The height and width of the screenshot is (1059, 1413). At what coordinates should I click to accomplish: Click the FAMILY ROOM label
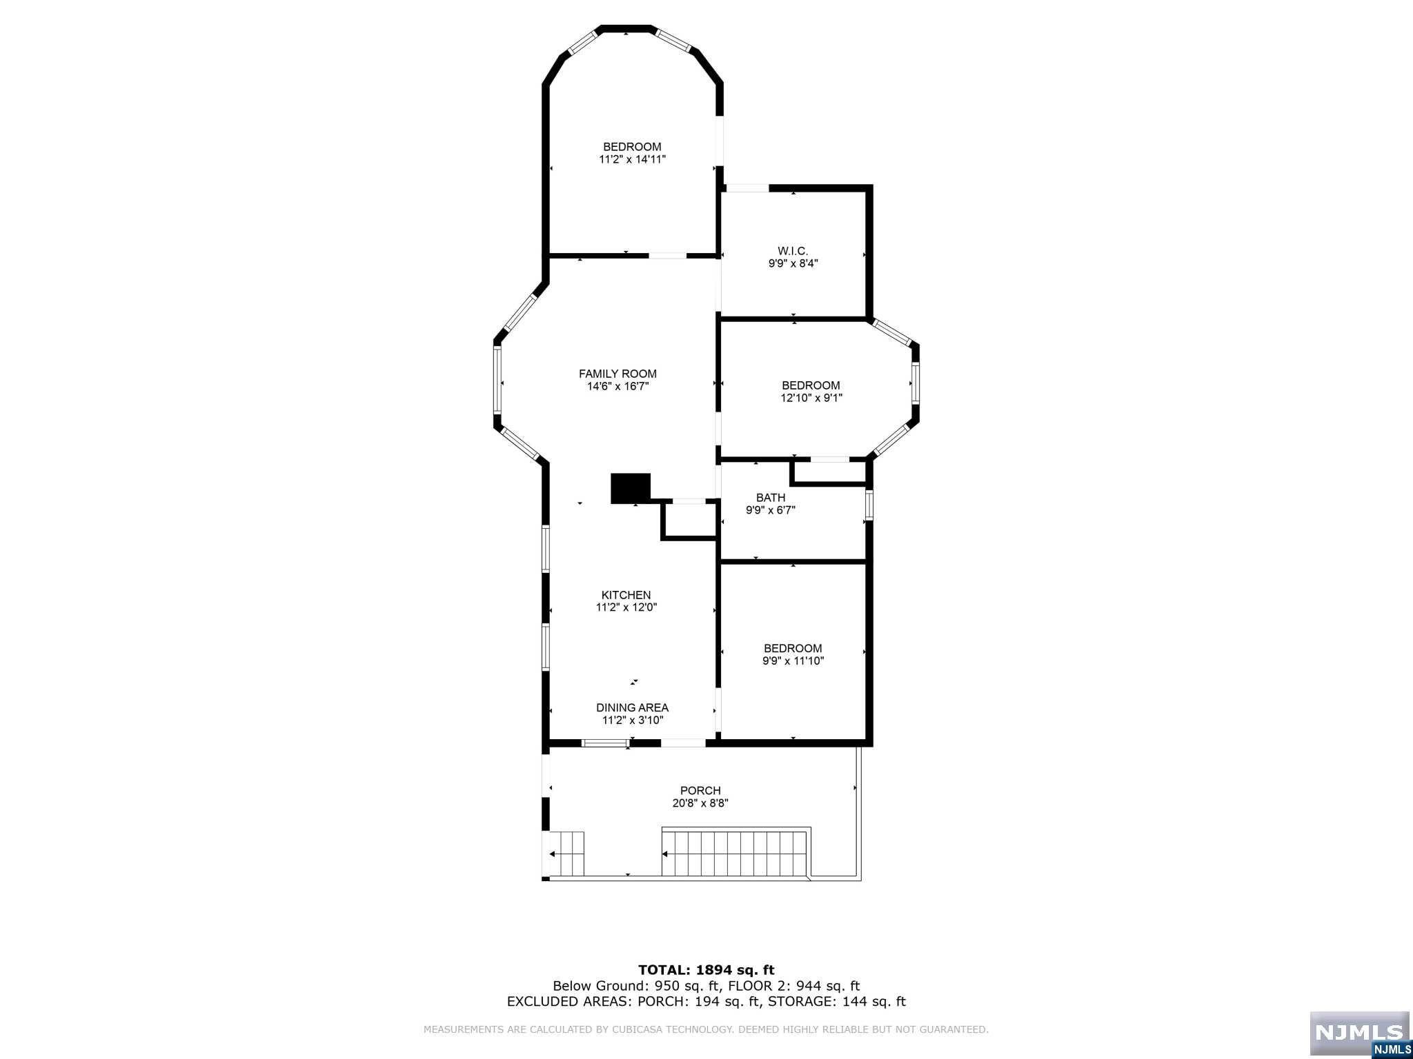[x=617, y=374]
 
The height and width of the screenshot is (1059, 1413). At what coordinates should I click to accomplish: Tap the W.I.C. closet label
[x=793, y=251]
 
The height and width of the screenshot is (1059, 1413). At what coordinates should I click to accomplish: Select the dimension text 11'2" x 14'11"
[x=632, y=159]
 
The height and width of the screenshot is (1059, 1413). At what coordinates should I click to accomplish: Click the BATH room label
[x=770, y=498]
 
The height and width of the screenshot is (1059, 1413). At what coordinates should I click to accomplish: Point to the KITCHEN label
[x=626, y=595]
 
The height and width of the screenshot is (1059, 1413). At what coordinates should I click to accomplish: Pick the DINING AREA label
[x=632, y=707]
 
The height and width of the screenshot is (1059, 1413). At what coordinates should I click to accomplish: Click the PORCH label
[x=700, y=791]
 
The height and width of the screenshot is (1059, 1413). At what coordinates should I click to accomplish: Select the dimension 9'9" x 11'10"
[x=793, y=661]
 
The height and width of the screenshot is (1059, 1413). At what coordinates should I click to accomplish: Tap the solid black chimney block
[x=631, y=488]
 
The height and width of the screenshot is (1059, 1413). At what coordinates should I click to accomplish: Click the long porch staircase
[x=735, y=853]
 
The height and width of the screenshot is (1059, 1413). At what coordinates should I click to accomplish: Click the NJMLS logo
[x=1359, y=1033]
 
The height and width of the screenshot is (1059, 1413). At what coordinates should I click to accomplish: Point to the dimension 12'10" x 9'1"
[x=811, y=398]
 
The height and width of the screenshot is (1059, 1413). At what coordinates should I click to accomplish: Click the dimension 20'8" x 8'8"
[x=700, y=803]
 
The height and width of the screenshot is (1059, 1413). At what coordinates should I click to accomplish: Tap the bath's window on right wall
[x=869, y=504]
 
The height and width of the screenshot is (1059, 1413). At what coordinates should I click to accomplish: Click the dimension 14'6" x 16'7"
[x=617, y=387]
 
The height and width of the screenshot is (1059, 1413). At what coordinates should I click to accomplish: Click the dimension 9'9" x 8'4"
[x=793, y=263]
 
